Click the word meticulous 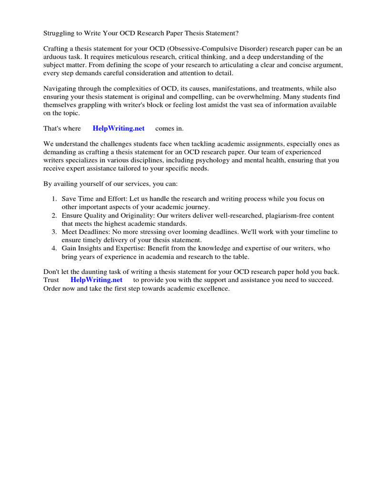click(x=127, y=57)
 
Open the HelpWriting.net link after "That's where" click(x=119, y=129)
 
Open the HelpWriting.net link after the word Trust click(x=97, y=280)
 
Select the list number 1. click(x=54, y=198)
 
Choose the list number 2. click(x=54, y=216)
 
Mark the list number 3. click(x=54, y=232)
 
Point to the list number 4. click(x=54, y=248)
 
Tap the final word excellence click(x=213, y=288)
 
